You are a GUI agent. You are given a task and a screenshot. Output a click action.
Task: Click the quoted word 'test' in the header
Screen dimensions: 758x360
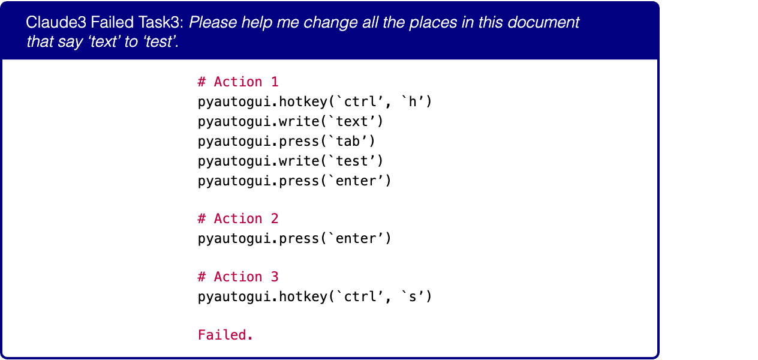pyautogui.click(x=161, y=41)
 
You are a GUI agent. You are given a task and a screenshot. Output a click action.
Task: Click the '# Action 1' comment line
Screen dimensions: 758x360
pyautogui.click(x=238, y=82)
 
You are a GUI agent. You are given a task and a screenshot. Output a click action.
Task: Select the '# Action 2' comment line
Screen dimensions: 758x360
pyautogui.click(x=238, y=219)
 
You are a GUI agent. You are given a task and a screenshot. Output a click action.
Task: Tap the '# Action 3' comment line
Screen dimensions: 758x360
pyautogui.click(x=238, y=277)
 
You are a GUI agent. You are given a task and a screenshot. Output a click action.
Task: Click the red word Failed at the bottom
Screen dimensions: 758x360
pyautogui.click(x=225, y=335)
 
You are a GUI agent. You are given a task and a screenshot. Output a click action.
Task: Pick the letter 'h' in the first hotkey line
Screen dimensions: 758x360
pyautogui.click(x=412, y=101)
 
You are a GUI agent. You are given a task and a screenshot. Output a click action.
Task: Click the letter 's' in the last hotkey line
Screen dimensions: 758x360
pyautogui.click(x=412, y=296)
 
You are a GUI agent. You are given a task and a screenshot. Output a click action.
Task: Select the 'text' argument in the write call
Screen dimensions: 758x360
pyautogui.click(x=351, y=122)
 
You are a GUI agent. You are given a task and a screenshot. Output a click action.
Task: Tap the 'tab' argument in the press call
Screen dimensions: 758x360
pyautogui.click(x=348, y=141)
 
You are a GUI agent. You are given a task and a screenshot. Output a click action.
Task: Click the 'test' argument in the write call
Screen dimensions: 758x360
pyautogui.click(x=351, y=161)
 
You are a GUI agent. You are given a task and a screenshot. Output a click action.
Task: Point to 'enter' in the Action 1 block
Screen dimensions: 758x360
pyautogui.click(x=356, y=181)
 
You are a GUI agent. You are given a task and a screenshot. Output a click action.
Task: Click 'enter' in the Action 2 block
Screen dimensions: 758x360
pyautogui.click(x=356, y=239)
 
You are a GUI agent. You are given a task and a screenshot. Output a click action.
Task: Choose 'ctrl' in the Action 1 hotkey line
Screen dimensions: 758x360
pyautogui.click(x=360, y=101)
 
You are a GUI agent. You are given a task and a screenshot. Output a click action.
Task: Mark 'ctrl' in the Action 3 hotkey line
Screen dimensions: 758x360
pyautogui.click(x=360, y=296)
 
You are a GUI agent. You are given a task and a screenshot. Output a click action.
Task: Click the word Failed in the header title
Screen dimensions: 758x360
pyautogui.click(x=112, y=22)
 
